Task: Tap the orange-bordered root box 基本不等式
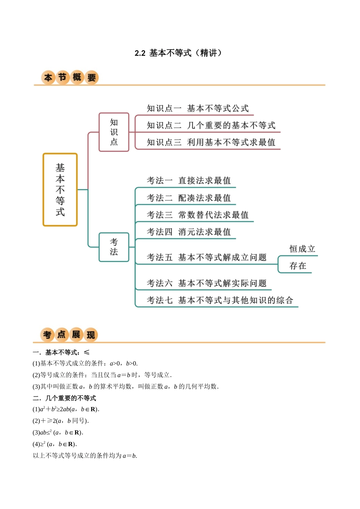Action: point(60,190)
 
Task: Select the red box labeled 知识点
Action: point(114,132)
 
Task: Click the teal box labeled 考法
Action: point(114,247)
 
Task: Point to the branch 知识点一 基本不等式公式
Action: point(198,109)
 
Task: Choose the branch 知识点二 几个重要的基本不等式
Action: point(211,125)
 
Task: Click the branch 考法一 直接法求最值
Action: point(189,181)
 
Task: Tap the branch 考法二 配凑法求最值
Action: point(189,198)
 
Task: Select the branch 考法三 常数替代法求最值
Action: point(198,215)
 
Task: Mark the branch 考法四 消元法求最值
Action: point(189,232)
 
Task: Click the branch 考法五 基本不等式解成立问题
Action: point(207,258)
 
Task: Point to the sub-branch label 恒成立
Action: point(302,249)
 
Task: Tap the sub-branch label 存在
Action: point(298,266)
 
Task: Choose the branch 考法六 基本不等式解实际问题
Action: point(207,283)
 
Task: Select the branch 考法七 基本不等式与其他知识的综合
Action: point(220,300)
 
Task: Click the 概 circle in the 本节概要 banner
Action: point(77,77)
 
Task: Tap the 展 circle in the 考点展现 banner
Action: point(76,334)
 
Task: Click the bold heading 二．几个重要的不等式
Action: point(64,398)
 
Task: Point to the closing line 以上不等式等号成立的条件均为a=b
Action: point(85,456)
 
